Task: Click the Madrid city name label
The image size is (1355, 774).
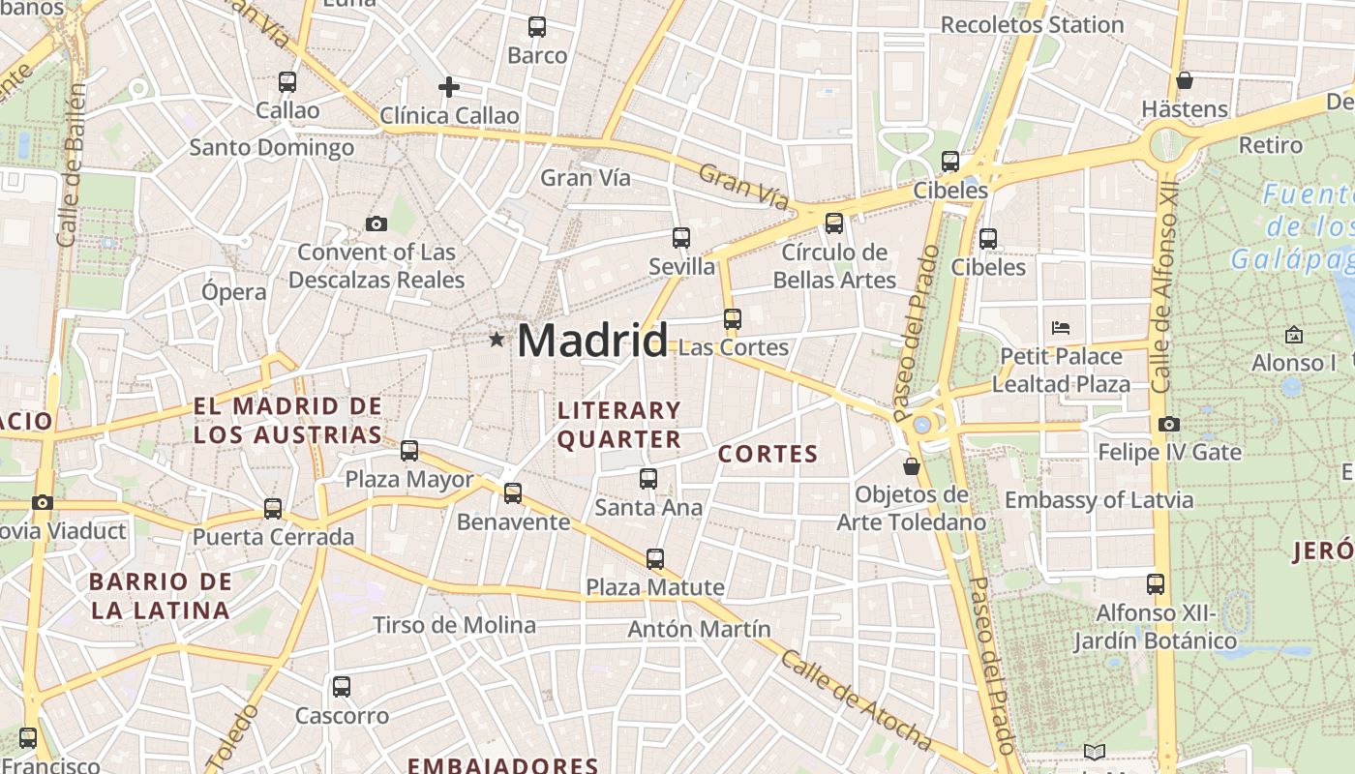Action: [x=592, y=341]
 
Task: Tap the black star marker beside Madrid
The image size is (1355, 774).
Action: [x=497, y=340]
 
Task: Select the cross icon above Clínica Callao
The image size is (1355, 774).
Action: [x=449, y=87]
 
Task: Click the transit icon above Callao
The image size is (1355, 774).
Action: [x=287, y=82]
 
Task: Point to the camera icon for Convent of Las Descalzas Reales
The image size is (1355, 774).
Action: [x=376, y=224]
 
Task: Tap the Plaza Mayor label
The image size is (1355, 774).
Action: [x=409, y=479]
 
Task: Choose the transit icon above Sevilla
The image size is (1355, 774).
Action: [x=681, y=238]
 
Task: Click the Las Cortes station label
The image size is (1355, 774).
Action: [x=734, y=347]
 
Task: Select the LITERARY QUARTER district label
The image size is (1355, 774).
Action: [x=619, y=425]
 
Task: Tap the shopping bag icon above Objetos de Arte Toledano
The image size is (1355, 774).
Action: [x=912, y=466]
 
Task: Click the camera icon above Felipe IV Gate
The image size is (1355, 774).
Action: [x=1169, y=424]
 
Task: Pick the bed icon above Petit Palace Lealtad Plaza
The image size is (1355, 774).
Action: [x=1061, y=328]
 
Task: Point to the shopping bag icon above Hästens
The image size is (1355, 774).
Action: [x=1184, y=80]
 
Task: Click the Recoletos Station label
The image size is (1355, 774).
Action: [x=1032, y=24]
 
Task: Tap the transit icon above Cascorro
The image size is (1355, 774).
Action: [x=342, y=688]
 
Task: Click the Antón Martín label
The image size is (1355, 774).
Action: [x=699, y=629]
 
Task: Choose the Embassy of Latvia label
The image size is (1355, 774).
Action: [x=1099, y=500]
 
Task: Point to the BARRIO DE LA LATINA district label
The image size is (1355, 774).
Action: [x=161, y=596]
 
